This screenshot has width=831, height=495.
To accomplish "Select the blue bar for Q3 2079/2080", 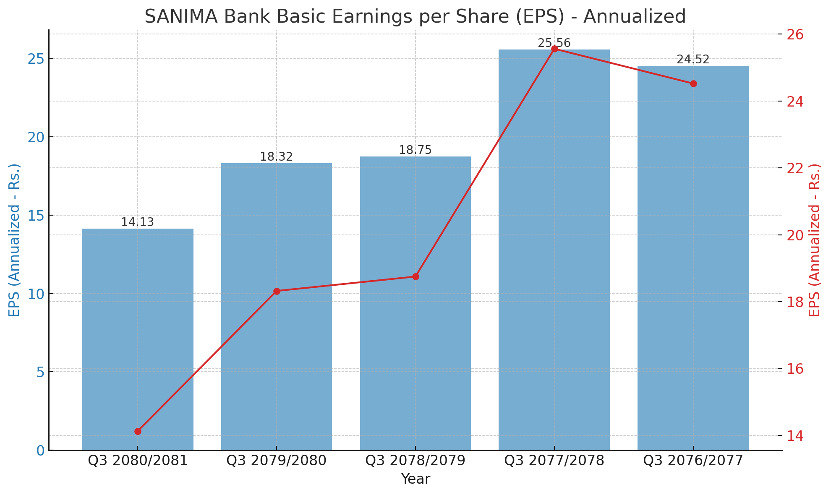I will pos(277,306).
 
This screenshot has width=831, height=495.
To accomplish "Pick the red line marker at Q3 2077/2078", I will pos(554,49).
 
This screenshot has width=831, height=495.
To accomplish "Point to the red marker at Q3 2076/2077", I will pos(693,83).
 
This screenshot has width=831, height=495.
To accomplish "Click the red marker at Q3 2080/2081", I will pos(138,431).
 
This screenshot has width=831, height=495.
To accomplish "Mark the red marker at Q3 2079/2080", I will pos(277,291).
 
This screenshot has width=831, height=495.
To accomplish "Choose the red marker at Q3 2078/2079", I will pos(415,276).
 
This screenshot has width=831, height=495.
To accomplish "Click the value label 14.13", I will pos(138,222).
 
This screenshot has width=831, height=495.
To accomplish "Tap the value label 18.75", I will pos(415,150).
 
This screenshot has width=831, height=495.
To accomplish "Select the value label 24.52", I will pos(693,60).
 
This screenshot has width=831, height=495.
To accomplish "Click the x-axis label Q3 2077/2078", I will pos(554,461).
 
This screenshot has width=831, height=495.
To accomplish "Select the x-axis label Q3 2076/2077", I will pos(693,461).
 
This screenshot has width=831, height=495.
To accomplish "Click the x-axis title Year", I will pos(415,479).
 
